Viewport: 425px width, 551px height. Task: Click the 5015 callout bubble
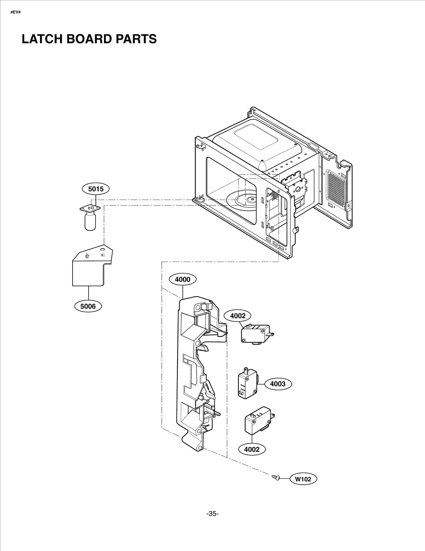coord(96,189)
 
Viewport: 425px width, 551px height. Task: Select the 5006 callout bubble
coord(88,306)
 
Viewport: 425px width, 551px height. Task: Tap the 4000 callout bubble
coord(183,279)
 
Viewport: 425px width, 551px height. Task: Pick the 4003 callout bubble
coord(278,384)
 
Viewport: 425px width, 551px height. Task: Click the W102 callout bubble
coord(303,479)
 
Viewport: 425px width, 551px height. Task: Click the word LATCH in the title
coord(42,39)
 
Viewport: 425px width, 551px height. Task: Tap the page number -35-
coord(212,514)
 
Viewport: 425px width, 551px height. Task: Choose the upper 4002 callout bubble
coord(238,316)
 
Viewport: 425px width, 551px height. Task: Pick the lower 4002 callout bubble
coord(252,449)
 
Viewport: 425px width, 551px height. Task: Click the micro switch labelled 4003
coord(247,384)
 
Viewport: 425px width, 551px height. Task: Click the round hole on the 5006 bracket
coord(103,249)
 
